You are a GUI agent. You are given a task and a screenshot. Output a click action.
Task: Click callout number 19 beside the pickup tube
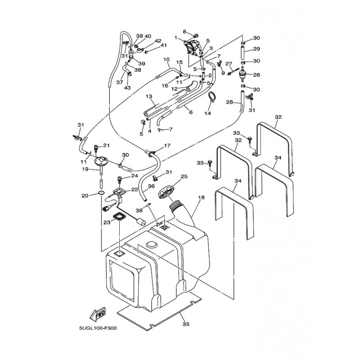point(85,170)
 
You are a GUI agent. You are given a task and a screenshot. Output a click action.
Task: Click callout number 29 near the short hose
point(256,49)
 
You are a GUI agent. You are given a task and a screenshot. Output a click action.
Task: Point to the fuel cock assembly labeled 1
point(192,47)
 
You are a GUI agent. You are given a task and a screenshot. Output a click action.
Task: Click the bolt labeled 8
point(196,36)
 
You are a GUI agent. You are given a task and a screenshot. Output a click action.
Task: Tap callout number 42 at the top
point(158,41)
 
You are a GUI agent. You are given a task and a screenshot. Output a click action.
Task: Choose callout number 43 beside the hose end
point(127,88)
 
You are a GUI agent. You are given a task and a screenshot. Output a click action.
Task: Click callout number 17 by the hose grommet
point(167,145)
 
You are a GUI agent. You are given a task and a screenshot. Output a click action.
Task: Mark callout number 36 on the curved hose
point(151,186)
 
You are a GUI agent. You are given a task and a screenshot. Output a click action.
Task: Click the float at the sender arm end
point(141,222)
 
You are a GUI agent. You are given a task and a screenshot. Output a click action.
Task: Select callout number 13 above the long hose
point(149,96)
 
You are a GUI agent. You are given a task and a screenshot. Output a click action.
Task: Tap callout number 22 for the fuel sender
point(135,189)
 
